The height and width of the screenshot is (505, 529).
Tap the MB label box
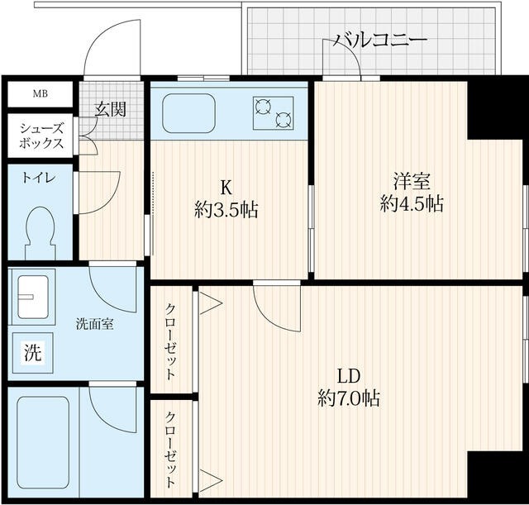(40, 93)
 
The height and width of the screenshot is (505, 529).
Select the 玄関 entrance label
(110, 108)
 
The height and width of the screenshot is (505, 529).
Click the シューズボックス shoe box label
(40, 135)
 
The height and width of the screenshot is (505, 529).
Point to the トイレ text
(35, 176)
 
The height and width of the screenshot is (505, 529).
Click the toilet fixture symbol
(39, 230)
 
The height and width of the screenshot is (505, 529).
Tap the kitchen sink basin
(189, 114)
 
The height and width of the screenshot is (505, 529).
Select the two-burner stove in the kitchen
(274, 113)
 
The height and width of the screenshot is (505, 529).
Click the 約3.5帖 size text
(226, 210)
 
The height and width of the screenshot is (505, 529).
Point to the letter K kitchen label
(225, 184)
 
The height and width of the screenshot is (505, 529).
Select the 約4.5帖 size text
(412, 203)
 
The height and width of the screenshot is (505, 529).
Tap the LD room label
(346, 372)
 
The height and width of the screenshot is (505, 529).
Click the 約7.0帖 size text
(348, 398)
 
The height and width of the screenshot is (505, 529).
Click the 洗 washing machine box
(31, 353)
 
